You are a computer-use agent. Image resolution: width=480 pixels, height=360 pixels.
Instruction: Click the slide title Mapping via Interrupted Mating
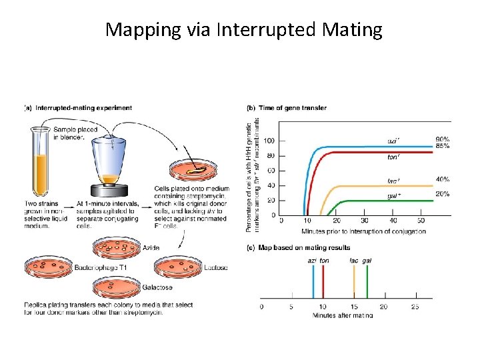pyautogui.click(x=244, y=30)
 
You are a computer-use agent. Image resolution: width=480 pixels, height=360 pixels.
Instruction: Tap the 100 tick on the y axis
pyautogui.click(x=269, y=141)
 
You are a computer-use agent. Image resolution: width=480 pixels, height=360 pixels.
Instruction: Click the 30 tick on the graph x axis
pyautogui.click(x=364, y=221)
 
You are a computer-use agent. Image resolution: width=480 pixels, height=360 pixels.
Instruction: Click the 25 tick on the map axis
pyautogui.click(x=414, y=307)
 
